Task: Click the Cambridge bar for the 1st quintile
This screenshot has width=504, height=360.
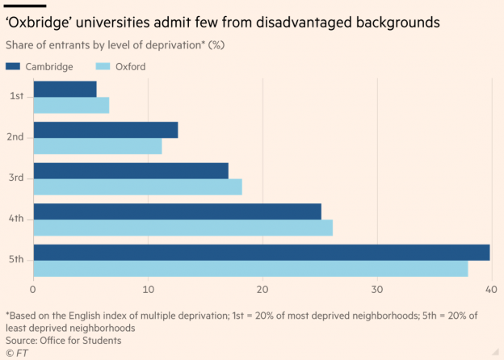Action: click(65, 89)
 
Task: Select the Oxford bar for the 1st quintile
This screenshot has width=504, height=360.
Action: click(71, 105)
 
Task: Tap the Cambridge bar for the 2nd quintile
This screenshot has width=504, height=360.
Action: click(105, 130)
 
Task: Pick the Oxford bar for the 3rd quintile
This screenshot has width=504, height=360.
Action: click(137, 186)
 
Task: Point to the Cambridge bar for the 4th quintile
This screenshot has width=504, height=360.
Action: click(177, 211)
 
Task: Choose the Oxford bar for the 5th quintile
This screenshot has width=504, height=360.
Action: click(250, 268)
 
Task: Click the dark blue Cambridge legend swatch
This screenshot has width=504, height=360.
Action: click(14, 66)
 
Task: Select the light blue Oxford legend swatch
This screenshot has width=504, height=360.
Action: click(104, 66)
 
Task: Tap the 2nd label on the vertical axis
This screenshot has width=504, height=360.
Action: click(15, 137)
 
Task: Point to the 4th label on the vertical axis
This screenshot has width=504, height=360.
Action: click(15, 219)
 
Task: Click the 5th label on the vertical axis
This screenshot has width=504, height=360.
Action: click(15, 260)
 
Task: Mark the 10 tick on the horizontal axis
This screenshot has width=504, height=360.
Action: click(148, 289)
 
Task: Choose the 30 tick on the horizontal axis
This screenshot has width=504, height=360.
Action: click(376, 289)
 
